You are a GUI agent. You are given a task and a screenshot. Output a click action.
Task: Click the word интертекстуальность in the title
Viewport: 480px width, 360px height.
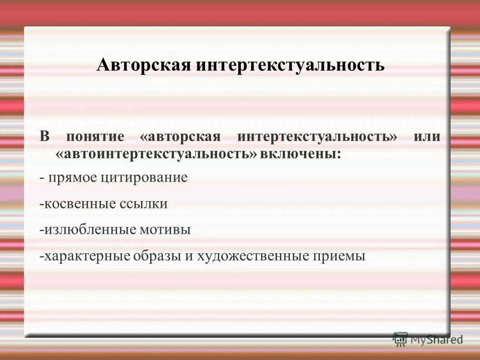[290, 65]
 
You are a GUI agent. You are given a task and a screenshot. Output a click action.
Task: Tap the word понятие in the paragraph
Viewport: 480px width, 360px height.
[95, 137]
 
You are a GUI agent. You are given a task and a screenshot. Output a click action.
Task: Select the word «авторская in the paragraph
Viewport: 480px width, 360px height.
[181, 137]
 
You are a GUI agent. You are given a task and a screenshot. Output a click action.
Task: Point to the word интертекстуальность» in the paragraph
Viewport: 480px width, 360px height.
[317, 137]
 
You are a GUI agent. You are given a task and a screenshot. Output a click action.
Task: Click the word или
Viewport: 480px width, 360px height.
[427, 137]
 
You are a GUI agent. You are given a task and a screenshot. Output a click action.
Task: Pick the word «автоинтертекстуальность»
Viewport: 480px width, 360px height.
[156, 153]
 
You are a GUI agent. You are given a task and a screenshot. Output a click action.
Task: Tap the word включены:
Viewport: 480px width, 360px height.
[300, 153]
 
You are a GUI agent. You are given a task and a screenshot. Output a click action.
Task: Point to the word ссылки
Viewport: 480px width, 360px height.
[144, 204]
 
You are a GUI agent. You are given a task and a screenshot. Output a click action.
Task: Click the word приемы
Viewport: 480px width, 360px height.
[339, 256]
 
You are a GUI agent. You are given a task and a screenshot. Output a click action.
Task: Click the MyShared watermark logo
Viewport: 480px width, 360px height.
[428, 339]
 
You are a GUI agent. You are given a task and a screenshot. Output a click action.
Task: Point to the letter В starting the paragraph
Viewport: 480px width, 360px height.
[44, 137]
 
